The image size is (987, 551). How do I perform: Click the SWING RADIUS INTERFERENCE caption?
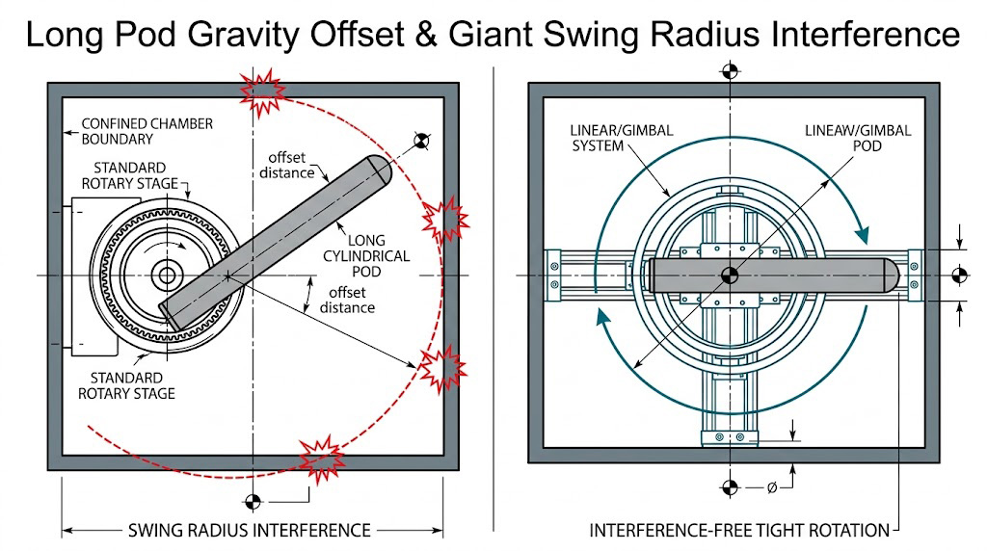(x=250, y=530)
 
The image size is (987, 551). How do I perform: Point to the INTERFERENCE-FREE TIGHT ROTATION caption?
(x=739, y=530)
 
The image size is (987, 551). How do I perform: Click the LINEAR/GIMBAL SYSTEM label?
(x=608, y=139)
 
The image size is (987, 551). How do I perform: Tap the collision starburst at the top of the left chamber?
(x=262, y=89)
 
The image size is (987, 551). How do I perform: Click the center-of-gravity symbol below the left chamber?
(x=253, y=501)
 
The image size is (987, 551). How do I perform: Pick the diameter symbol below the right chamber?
(x=772, y=487)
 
